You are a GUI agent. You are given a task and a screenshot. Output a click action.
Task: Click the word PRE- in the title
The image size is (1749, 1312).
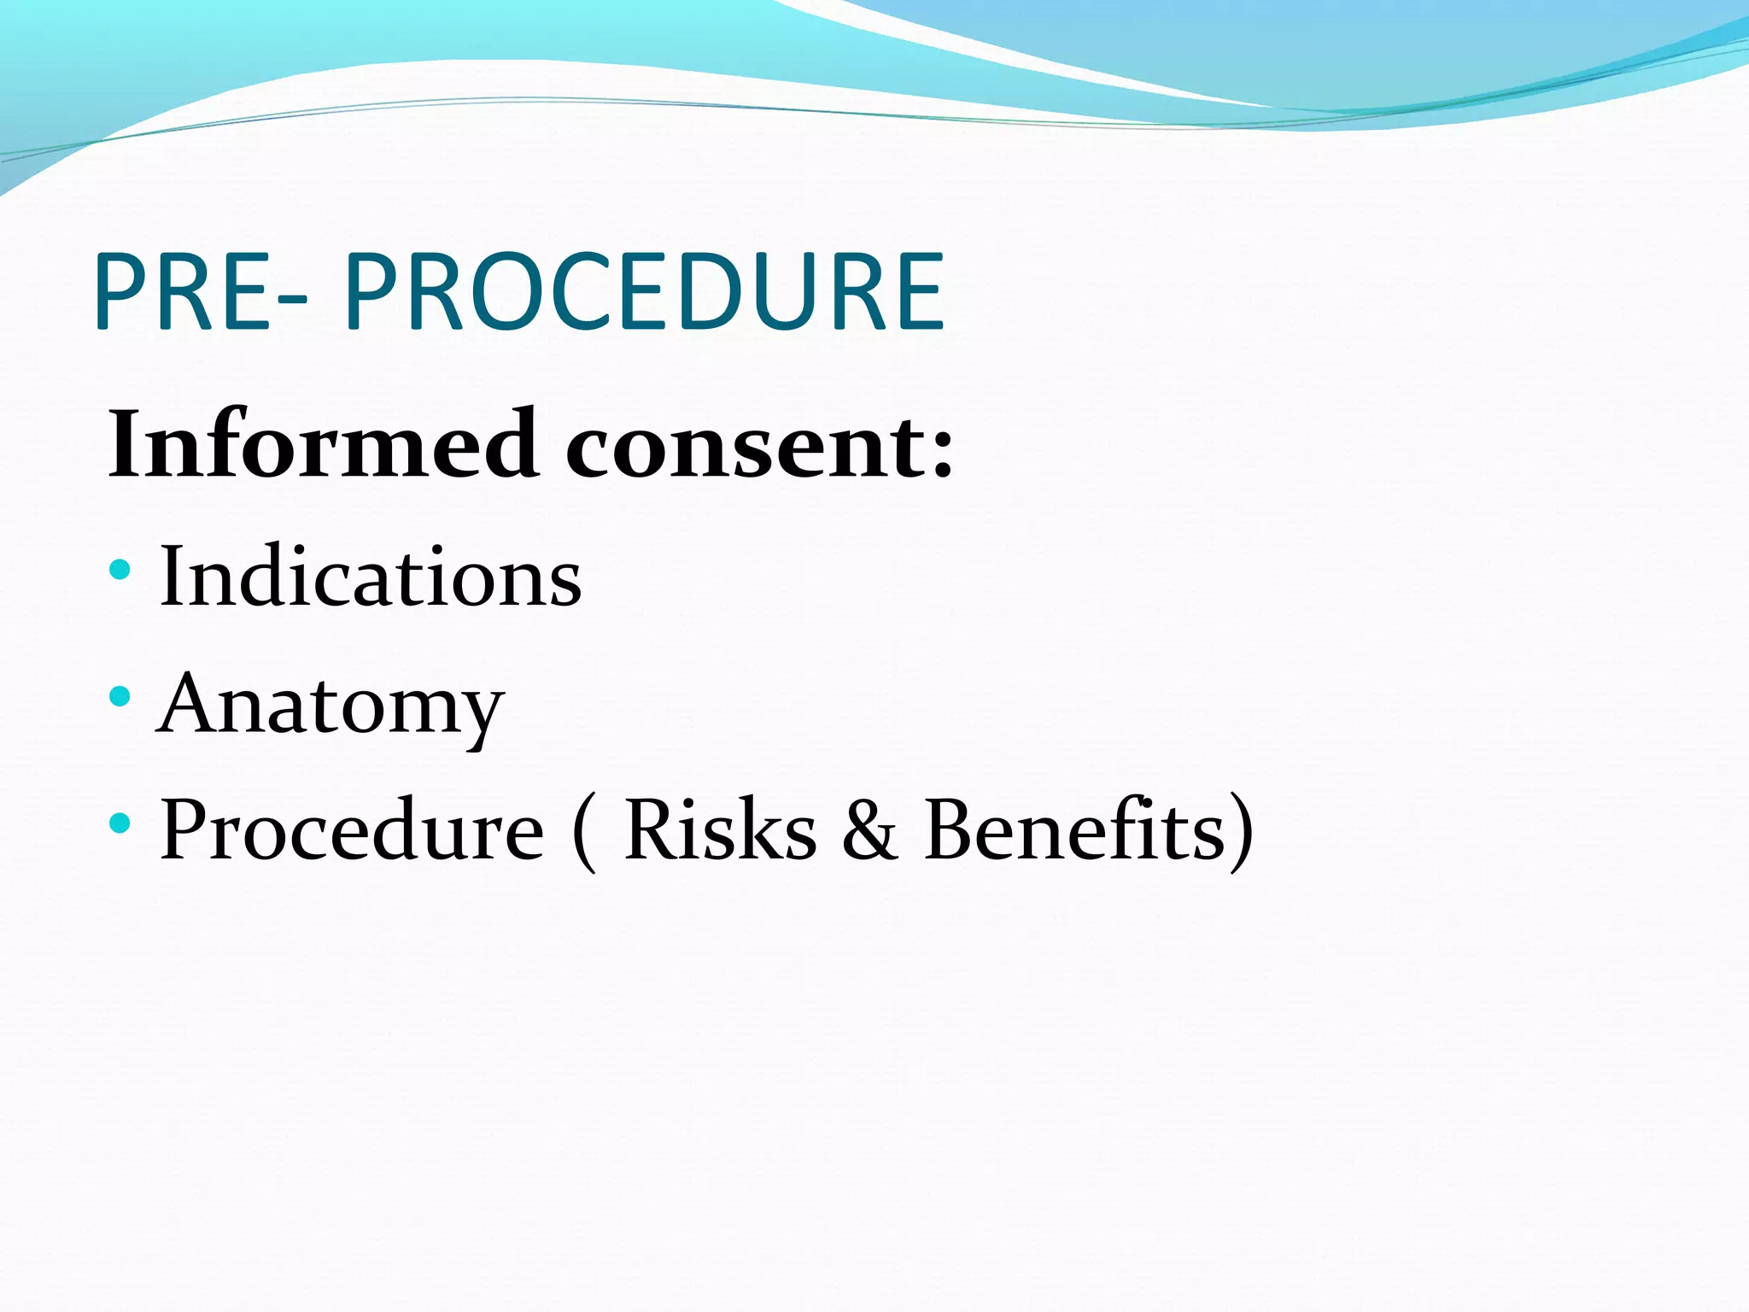[x=201, y=292]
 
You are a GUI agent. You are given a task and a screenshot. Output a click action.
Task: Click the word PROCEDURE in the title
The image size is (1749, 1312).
[x=645, y=292]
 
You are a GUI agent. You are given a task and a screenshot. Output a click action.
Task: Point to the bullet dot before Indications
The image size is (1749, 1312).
[x=120, y=570]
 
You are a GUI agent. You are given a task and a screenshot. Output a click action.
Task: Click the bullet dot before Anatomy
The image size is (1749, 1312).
[x=120, y=696]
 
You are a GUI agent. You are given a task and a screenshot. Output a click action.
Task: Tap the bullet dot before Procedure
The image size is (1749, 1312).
[x=120, y=823]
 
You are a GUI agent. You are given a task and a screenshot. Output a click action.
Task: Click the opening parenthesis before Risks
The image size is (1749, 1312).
[x=584, y=833]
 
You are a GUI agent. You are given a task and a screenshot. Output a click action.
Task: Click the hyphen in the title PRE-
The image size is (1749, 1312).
[x=293, y=299]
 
